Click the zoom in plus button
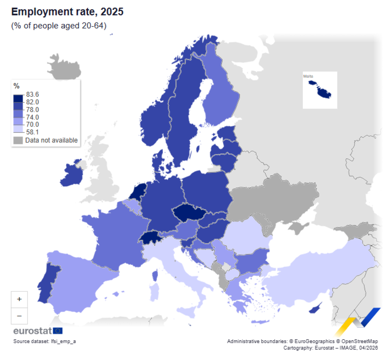[19, 299]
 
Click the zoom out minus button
[19, 315]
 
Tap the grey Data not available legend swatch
[18, 141]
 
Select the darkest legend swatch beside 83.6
[18, 97]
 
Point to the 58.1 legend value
[33, 132]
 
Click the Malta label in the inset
[308, 76]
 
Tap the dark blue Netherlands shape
[138, 191]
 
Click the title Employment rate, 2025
[67, 12]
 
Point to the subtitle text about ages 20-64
[58, 26]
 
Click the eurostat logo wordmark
[33, 331]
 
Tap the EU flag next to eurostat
[58, 331]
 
